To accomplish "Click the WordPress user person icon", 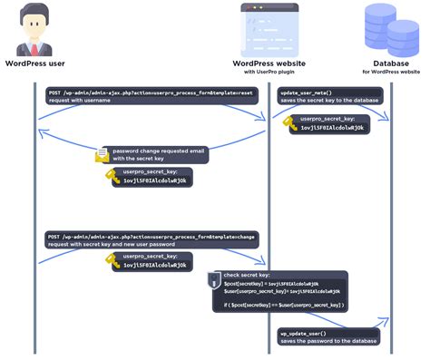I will (x=35, y=29).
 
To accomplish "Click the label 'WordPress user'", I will (x=35, y=63).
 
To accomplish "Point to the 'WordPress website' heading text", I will (x=269, y=63).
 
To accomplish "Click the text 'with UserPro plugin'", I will (x=269, y=72).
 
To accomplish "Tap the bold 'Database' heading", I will (x=391, y=63).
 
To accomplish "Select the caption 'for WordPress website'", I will (x=391, y=72).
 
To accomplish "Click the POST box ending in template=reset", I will (x=149, y=96).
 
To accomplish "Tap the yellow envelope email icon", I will (x=103, y=155).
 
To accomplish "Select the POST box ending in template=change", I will (x=151, y=238).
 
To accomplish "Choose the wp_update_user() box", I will (x=328, y=336).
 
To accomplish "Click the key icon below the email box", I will (x=112, y=175).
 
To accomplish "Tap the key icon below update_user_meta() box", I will (x=292, y=123).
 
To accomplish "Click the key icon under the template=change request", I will (x=112, y=261).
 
